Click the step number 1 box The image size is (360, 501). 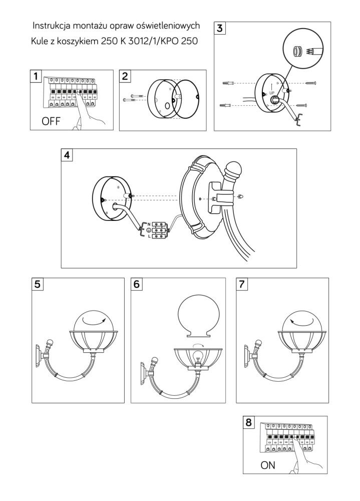click(36, 76)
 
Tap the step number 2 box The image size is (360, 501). click(125, 76)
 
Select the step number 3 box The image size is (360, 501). click(219, 28)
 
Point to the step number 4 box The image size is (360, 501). click(67, 155)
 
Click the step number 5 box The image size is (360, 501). click(38, 284)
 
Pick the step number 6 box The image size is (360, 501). click(137, 284)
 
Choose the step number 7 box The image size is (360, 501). click(242, 284)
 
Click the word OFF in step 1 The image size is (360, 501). click(52, 120)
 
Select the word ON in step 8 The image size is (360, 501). click(268, 465)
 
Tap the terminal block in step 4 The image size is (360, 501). click(159, 229)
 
